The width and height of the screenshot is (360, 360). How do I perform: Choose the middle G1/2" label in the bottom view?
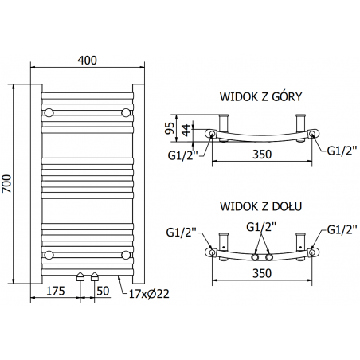coord(262,228)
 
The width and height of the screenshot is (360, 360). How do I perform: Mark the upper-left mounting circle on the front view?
coord(49,112)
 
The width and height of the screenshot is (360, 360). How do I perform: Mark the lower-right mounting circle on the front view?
coord(125,254)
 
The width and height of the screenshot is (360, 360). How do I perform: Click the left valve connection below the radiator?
coord(80,278)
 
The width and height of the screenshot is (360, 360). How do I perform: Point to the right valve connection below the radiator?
coord(95,278)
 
